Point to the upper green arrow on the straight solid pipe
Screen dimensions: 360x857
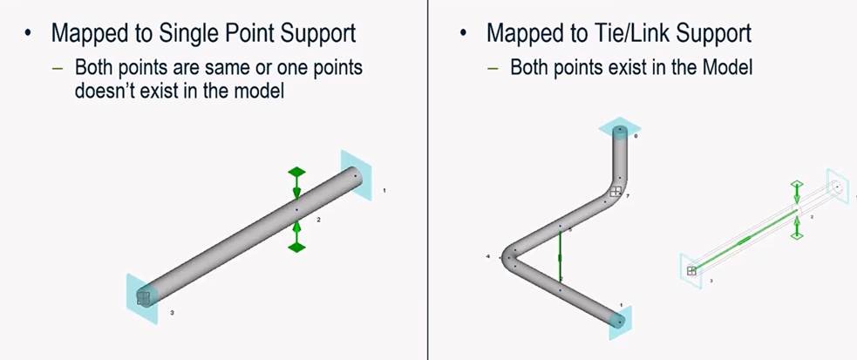coord(296,181)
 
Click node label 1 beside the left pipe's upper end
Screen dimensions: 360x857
coord(384,190)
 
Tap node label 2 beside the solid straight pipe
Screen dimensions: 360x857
coord(319,221)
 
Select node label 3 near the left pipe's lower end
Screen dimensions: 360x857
coord(172,311)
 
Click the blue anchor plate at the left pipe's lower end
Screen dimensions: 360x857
coord(141,299)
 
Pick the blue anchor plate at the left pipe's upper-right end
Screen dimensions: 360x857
coord(357,174)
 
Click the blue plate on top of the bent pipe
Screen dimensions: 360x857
coord(619,128)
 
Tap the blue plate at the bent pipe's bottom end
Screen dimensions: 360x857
coord(620,322)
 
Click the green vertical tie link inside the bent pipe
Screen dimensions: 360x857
coord(560,258)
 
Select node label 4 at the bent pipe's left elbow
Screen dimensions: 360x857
coord(488,257)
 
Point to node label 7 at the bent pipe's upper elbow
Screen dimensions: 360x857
coord(628,197)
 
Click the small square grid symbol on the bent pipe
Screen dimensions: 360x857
coord(616,192)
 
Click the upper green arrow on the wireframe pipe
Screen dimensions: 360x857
coord(796,193)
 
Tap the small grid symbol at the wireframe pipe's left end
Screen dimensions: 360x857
coord(691,271)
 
